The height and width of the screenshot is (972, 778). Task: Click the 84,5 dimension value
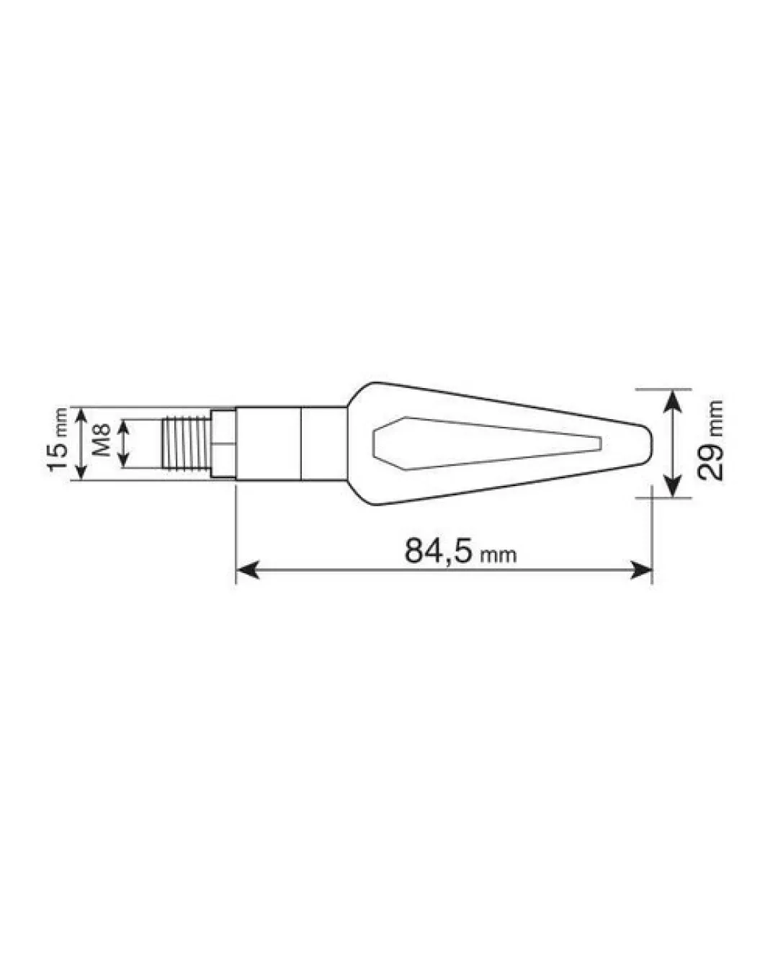(437, 551)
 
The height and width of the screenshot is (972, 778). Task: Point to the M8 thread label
(102, 440)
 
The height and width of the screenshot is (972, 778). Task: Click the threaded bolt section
(186, 444)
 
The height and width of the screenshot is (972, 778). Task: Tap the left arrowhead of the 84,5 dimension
(248, 570)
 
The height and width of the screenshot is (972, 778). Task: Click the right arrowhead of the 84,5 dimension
(640, 570)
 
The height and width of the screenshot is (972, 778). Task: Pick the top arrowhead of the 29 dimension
(673, 401)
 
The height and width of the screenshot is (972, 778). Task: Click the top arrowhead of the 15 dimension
(81, 415)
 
